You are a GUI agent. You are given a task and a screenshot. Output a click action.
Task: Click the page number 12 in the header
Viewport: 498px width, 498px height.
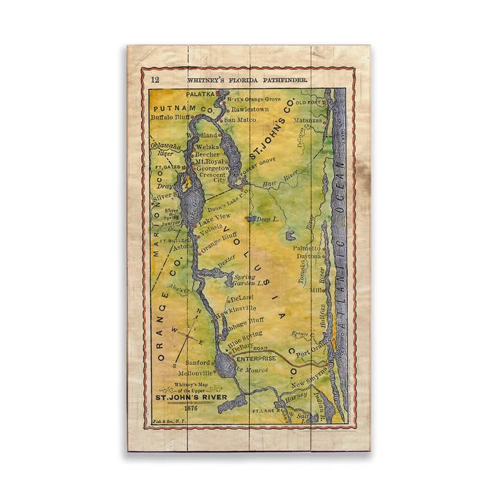coord(155,80)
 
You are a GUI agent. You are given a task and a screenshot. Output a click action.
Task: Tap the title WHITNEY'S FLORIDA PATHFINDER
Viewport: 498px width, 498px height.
coord(247,80)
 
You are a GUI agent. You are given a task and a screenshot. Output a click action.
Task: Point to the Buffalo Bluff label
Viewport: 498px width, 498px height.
coord(170,118)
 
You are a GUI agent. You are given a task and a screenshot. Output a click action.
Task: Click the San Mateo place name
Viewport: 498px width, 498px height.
coord(240,119)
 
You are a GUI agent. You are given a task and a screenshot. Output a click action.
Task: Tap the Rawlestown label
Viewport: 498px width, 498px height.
coord(250,109)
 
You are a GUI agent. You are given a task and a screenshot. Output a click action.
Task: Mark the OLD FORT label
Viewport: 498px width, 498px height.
coord(308,102)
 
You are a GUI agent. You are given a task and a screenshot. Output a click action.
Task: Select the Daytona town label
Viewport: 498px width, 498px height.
coord(308,256)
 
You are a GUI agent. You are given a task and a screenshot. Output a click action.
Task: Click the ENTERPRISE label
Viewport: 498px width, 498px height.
coord(255,358)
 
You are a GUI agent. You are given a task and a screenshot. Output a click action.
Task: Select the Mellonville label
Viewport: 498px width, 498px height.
coord(196,372)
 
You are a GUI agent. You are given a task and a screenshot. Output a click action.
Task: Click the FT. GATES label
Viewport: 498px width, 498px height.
coord(167,167)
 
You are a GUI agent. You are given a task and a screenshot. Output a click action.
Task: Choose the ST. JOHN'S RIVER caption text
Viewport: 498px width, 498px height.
coord(190,398)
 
